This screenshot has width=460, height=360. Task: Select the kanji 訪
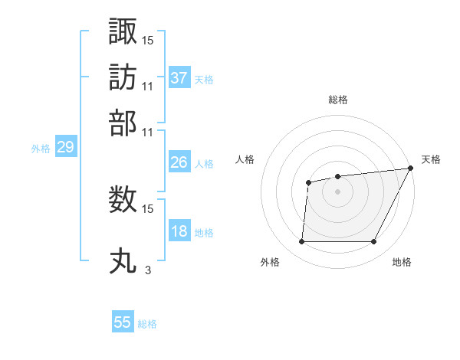click(123, 77)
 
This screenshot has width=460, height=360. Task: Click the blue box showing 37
click(179, 78)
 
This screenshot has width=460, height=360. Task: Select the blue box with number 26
click(179, 162)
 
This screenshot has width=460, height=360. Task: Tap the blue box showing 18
click(179, 231)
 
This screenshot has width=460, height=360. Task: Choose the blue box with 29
click(65, 148)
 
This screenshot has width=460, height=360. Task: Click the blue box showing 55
click(123, 322)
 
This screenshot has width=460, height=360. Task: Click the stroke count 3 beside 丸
click(148, 270)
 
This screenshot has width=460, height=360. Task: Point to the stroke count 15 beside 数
click(148, 208)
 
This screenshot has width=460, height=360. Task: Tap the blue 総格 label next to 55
click(147, 324)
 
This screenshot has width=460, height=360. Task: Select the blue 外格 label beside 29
click(41, 149)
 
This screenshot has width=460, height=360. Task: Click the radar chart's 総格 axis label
click(338, 100)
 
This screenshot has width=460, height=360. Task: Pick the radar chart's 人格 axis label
click(245, 159)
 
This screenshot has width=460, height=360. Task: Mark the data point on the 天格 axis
click(412, 169)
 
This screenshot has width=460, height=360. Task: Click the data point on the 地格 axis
click(374, 242)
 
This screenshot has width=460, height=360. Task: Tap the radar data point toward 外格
click(301, 242)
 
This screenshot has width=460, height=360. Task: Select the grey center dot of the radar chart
click(338, 191)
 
